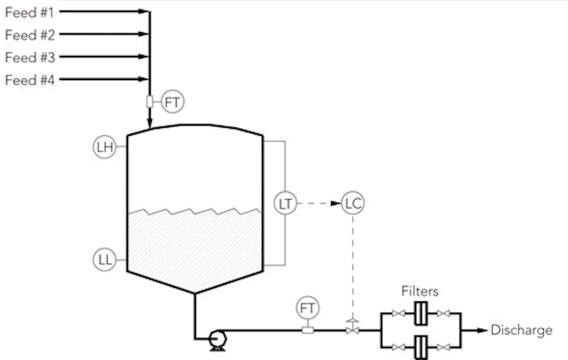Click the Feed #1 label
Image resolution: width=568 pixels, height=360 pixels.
coord(30,11)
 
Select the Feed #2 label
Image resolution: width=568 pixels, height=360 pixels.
coord(30,35)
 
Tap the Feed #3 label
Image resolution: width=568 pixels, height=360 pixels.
coord(30,57)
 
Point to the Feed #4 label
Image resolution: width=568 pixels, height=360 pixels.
coord(30,80)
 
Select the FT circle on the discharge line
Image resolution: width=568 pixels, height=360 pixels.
coord(308,309)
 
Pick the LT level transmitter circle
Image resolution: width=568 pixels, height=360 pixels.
coord(285,204)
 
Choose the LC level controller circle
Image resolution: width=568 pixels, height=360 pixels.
coord(353,204)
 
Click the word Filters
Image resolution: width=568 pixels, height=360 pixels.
coord(420,291)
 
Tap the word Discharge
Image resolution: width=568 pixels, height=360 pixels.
coord(521,330)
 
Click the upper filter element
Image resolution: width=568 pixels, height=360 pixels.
coord(421,313)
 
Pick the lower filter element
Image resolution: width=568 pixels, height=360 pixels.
coord(421,347)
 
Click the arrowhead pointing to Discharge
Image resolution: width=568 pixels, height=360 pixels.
coord(483,330)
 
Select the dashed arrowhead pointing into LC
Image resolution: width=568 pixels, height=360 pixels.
coord(337,204)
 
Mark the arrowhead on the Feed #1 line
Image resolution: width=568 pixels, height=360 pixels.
coord(143,11)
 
